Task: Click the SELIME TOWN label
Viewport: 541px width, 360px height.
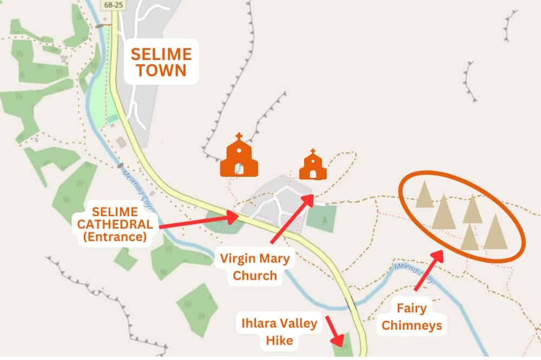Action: pos(162,62)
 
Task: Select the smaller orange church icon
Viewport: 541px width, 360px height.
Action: pos(313,165)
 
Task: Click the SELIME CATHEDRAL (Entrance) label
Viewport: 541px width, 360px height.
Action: pos(114,224)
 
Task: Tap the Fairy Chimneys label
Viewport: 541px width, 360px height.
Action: pos(419,317)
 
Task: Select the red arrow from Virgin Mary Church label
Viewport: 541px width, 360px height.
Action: pos(292,218)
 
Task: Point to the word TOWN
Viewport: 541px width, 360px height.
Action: pos(162,70)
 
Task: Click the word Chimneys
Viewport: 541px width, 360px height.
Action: pos(419,325)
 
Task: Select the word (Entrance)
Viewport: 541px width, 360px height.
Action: pos(114,236)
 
